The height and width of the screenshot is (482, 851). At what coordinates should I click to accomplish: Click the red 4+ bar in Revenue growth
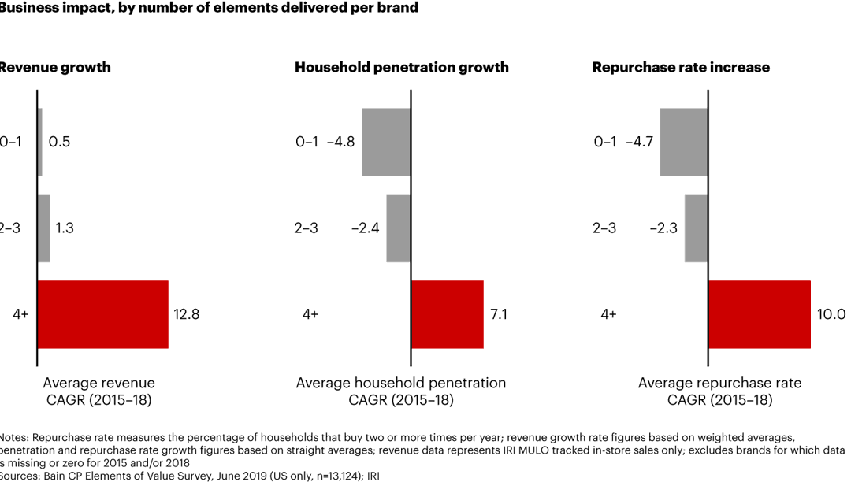[102, 313]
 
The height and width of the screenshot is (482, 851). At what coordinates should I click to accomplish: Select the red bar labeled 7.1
[447, 313]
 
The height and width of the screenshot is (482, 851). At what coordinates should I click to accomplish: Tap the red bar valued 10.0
[759, 313]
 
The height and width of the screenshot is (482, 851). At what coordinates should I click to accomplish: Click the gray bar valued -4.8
[386, 142]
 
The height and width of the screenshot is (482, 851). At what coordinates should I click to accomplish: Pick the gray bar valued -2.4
[398, 228]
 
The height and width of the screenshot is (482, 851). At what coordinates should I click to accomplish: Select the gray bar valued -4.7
[683, 142]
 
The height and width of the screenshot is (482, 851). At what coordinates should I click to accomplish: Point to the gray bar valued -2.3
[696, 228]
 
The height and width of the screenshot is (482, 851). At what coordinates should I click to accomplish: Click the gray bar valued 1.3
[44, 228]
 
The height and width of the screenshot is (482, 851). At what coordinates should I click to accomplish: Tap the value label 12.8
[186, 314]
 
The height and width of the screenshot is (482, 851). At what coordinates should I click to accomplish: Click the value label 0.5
[59, 143]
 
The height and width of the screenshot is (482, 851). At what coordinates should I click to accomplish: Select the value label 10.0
[831, 314]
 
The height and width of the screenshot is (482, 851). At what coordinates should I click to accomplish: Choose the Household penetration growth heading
[401, 68]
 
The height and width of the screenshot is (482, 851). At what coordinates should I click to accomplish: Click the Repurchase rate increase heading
[681, 68]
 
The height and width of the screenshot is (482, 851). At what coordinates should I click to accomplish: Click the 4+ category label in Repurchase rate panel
[608, 314]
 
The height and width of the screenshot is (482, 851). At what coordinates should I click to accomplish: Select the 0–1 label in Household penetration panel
[307, 143]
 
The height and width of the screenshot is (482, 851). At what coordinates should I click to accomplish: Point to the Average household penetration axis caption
[401, 391]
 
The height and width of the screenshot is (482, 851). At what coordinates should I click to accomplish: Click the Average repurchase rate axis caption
[719, 391]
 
